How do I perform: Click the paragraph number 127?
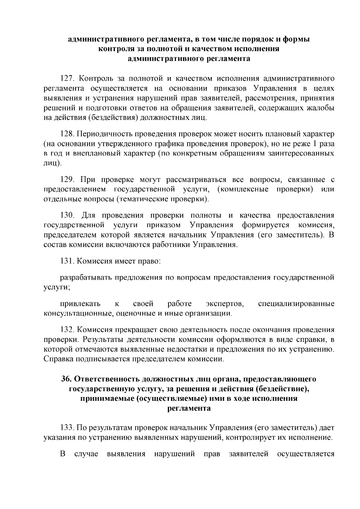66,79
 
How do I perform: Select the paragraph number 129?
66,180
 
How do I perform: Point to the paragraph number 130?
66,215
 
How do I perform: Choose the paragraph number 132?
66,330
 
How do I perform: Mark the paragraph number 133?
66,427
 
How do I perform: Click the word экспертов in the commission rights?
225,304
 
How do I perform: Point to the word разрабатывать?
85,277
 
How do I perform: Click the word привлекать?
80,304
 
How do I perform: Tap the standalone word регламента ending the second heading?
189,408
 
